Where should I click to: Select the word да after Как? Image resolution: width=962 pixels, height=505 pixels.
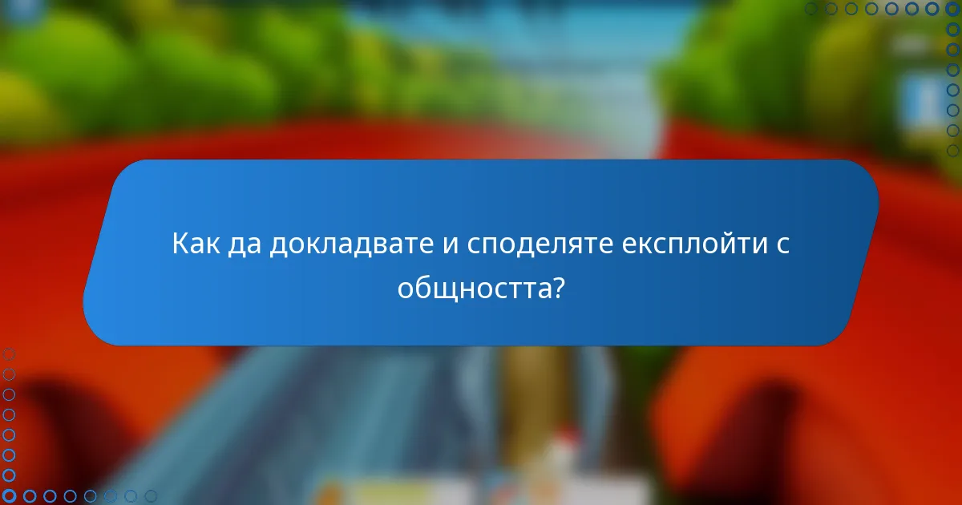click(245, 243)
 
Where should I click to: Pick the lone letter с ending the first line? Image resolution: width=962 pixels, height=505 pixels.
click(784, 244)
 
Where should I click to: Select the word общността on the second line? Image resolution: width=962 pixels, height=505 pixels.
click(470, 286)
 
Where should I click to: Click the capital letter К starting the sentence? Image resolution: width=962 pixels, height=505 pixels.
click(181, 243)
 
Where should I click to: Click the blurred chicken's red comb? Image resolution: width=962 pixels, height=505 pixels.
click(568, 437)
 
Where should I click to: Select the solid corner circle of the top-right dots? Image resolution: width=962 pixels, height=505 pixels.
click(952, 9)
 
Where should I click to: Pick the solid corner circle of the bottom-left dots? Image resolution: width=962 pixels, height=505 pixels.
click(9, 496)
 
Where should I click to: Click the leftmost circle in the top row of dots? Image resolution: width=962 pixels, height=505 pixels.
click(811, 9)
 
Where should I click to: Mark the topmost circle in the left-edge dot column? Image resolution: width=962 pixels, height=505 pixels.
click(9, 353)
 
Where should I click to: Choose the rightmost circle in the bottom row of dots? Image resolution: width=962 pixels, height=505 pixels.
click(150, 496)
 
